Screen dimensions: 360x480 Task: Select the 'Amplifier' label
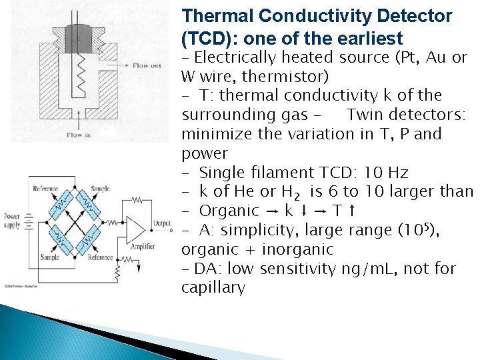(141, 247)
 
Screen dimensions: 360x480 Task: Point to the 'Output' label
(162, 223)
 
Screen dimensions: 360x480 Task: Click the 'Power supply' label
(11, 221)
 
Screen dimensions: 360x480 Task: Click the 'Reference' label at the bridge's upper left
(45, 189)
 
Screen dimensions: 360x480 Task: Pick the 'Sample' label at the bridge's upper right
(100, 189)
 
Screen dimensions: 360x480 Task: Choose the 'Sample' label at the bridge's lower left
(49, 257)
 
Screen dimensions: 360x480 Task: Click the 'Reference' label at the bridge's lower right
(101, 257)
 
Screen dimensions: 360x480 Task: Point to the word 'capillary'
(213, 288)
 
